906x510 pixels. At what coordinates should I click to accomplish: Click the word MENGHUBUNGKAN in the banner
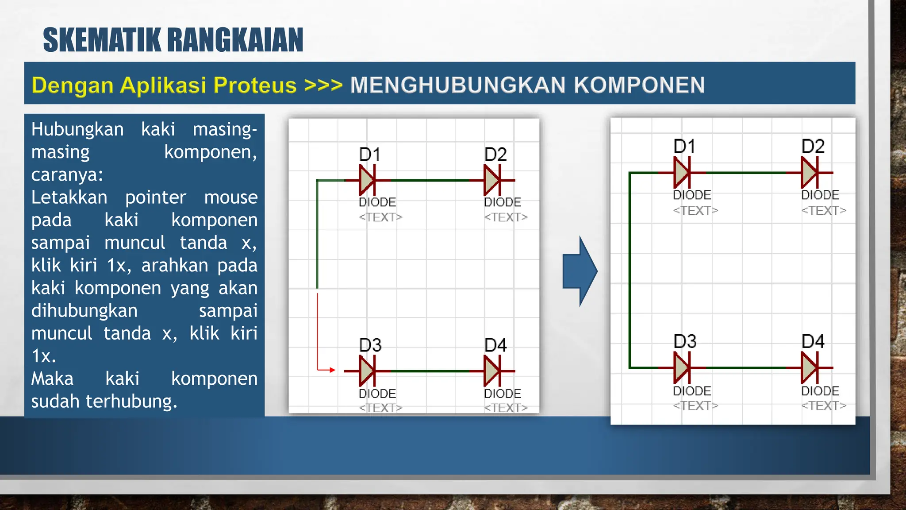coord(457,85)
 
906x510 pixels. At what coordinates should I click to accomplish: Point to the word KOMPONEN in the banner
coord(639,85)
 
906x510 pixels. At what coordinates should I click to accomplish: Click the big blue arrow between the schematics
coord(580,271)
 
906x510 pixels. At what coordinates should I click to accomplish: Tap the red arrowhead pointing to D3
coord(332,370)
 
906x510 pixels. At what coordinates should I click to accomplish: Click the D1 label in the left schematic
coord(369,155)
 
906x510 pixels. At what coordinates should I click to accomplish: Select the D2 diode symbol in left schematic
coord(492,180)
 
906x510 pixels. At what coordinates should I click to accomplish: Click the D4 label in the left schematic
coord(495,345)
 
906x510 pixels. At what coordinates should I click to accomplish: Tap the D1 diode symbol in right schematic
coord(682,173)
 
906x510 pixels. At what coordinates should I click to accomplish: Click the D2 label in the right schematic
coord(813,147)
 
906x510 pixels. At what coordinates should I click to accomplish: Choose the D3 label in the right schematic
coord(684,341)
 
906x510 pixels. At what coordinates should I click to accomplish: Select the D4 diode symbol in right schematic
coord(810,367)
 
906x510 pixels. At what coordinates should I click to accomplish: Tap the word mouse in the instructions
coord(230,197)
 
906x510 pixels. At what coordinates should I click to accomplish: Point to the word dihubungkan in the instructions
coord(84,310)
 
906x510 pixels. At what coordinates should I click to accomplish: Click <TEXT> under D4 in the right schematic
coord(823,406)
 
